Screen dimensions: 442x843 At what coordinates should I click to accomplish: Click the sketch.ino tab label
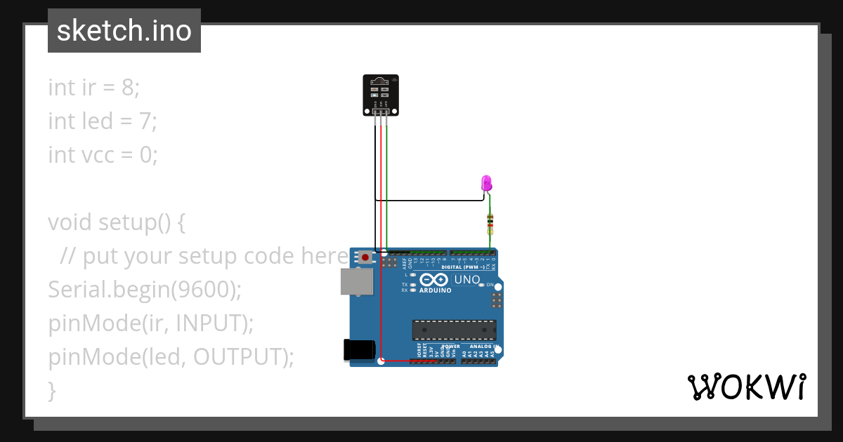pyautogui.click(x=124, y=31)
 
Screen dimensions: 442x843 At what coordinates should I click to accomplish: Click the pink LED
pyautogui.click(x=486, y=184)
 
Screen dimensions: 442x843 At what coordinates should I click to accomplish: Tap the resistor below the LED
pyautogui.click(x=490, y=225)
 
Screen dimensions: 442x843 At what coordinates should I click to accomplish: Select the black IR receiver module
pyautogui.click(x=379, y=94)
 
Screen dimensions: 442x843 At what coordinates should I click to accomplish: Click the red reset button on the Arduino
pyautogui.click(x=365, y=257)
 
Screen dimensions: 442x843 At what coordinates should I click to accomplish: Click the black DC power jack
pyautogui.click(x=358, y=349)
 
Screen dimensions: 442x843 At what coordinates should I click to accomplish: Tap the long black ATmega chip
pyautogui.click(x=454, y=330)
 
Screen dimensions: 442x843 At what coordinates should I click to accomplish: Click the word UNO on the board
pyautogui.click(x=467, y=280)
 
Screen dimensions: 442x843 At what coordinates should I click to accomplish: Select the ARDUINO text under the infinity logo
pyautogui.click(x=436, y=290)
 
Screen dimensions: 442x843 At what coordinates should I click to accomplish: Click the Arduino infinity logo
pyautogui.click(x=435, y=279)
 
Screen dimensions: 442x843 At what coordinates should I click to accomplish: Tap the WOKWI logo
pyautogui.click(x=747, y=387)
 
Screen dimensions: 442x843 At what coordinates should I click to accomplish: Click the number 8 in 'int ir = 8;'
pyautogui.click(x=128, y=88)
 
